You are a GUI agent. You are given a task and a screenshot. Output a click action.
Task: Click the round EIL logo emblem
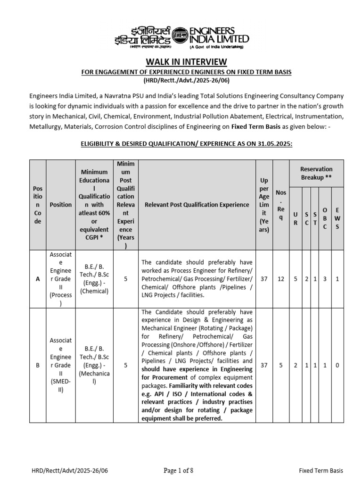[x=180, y=35]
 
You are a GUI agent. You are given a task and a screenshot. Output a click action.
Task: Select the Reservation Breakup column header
[x=316, y=173]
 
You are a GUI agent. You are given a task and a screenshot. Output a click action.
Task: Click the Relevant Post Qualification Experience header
[x=197, y=205]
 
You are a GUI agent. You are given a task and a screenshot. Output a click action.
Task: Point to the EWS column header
[x=337, y=218]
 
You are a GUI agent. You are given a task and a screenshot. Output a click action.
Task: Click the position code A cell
[x=38, y=279]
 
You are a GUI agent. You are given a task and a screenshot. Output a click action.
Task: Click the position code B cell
[x=38, y=365]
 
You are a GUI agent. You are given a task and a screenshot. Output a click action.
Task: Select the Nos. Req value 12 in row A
[x=281, y=279]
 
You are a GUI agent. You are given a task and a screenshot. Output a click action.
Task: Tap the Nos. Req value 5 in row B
[x=281, y=365]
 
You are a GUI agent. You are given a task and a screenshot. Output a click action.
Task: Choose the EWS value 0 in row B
[x=337, y=365]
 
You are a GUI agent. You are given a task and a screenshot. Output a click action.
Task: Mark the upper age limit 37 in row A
[x=264, y=279]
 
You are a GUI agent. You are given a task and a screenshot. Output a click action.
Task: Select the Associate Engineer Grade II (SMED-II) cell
[x=61, y=365]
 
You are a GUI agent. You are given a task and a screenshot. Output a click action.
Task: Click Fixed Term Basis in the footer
[x=321, y=471]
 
